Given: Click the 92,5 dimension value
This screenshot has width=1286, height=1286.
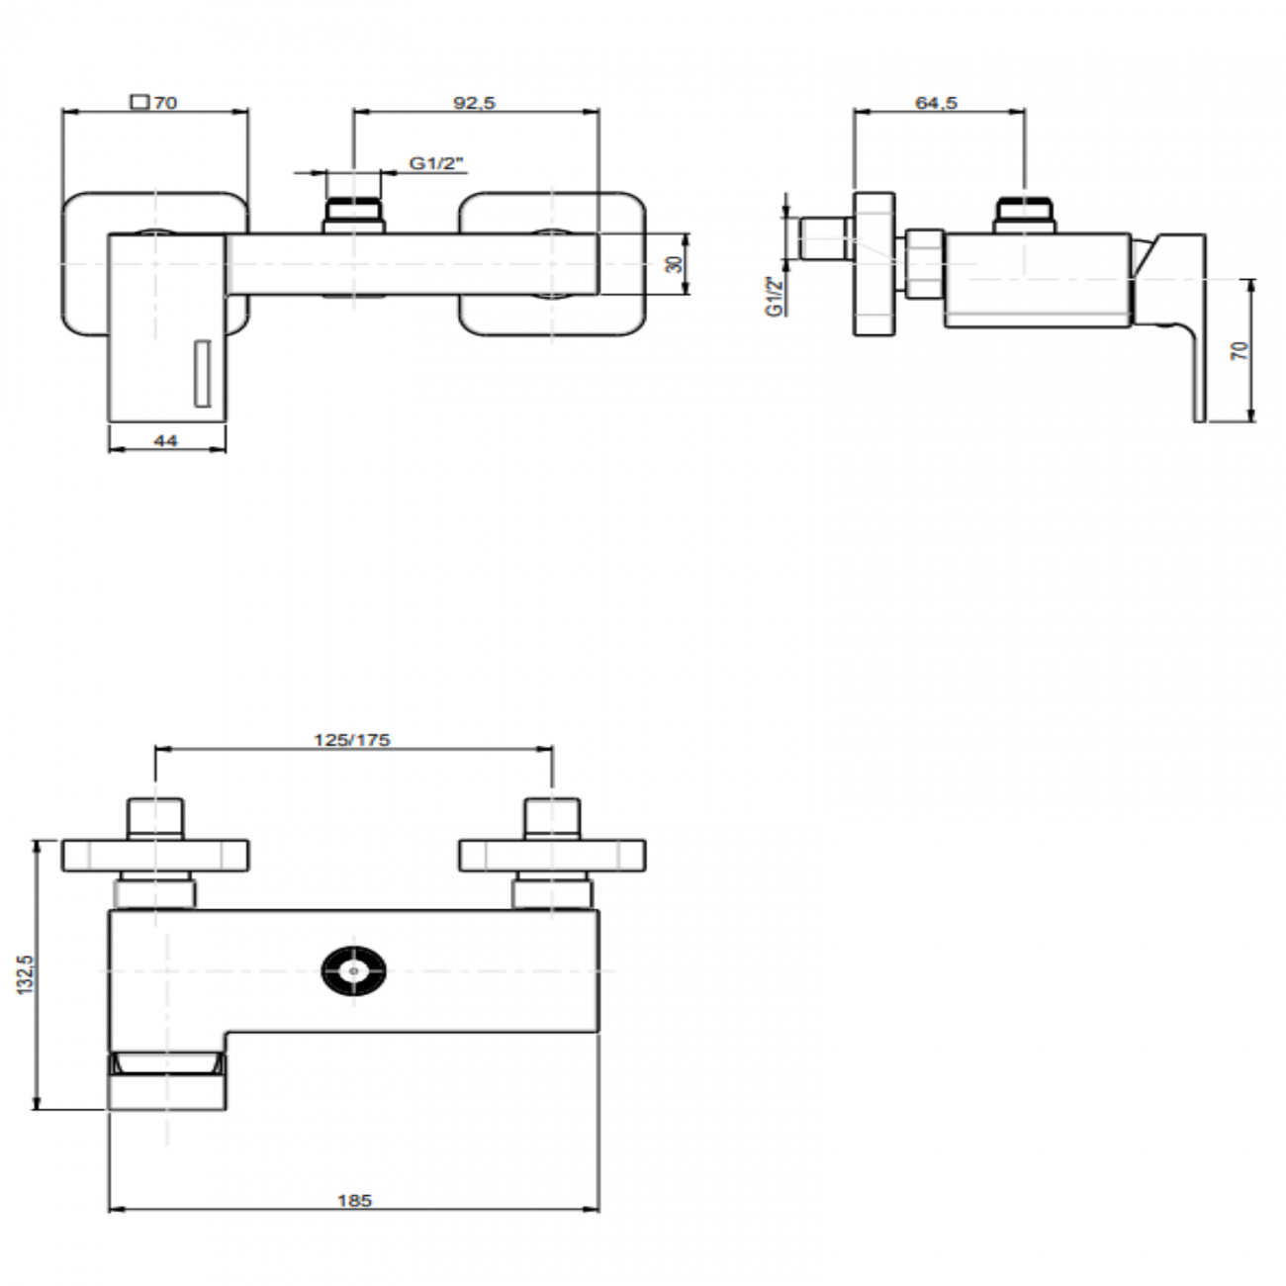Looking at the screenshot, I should [475, 102].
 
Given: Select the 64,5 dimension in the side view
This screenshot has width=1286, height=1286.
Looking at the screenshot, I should [936, 102].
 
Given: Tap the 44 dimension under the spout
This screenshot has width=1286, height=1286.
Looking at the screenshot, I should [166, 441].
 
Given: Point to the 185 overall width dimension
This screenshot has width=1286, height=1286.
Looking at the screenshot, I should [354, 1200].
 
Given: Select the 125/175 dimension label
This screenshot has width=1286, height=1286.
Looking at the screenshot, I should [352, 739].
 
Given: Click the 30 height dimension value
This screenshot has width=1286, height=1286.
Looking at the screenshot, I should [675, 264].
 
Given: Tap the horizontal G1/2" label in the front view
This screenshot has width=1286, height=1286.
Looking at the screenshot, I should [437, 164].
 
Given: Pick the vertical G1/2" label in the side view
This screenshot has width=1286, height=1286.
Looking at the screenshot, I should [775, 297].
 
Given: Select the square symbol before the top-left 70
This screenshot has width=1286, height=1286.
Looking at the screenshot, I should [139, 101].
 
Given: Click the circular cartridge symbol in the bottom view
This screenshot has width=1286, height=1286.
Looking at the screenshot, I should [353, 972].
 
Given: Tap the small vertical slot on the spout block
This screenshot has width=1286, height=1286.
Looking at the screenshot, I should [202, 374].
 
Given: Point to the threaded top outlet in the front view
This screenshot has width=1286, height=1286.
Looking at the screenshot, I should [353, 215].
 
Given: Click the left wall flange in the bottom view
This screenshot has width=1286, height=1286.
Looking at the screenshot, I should [155, 856].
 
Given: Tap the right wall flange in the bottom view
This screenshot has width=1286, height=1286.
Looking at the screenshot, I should [552, 856].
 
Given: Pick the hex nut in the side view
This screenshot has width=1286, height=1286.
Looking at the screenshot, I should [924, 264].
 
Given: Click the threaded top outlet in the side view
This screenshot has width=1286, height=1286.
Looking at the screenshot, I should [1025, 215].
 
